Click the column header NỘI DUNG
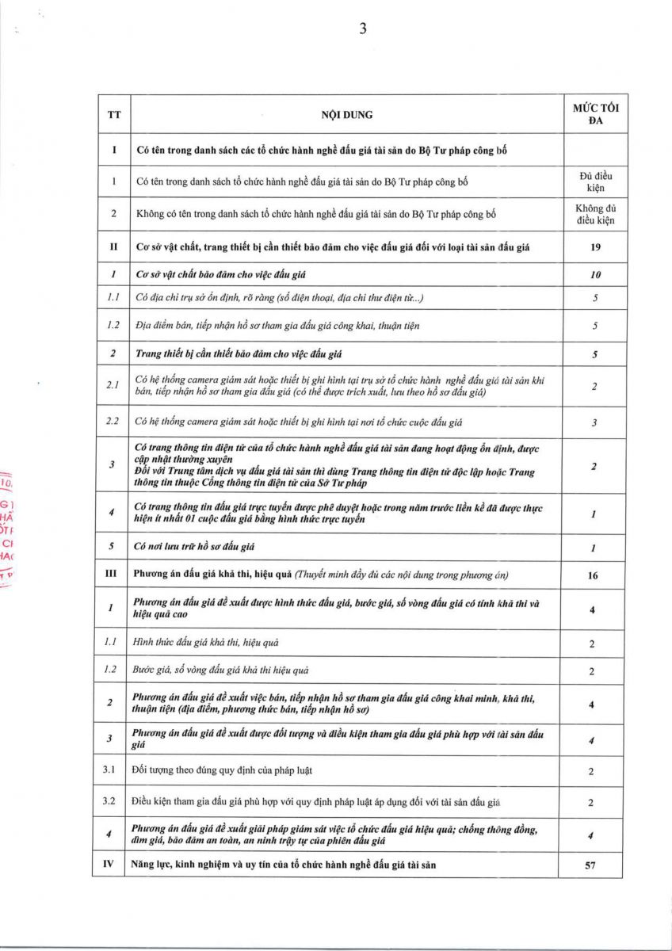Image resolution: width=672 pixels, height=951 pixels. coord(346,115)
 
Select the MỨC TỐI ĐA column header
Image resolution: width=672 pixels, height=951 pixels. coord(595,114)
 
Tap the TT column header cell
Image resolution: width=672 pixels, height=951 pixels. coord(114,115)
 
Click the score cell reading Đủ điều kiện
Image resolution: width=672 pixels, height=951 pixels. coord(595,181)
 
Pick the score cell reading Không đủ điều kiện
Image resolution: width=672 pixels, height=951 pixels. coord(595,214)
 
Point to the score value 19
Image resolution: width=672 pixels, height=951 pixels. coord(595,247)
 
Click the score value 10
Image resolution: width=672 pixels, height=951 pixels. coord(595,274)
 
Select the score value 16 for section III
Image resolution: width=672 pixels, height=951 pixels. coord(594,575)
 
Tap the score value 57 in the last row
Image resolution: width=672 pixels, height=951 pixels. coord(590,865)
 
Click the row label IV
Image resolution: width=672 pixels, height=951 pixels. coord(114,865)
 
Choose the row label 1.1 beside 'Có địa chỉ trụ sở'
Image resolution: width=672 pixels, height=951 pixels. coord(113,299)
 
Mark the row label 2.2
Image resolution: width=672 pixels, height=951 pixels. coord(113,422)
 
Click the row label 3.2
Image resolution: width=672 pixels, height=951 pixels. coord(113,802)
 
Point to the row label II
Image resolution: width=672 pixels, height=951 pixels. coord(114,247)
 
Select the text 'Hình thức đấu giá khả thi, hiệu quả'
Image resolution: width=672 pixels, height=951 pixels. coord(206,642)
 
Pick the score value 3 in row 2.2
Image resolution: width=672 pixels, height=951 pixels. coord(594,422)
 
